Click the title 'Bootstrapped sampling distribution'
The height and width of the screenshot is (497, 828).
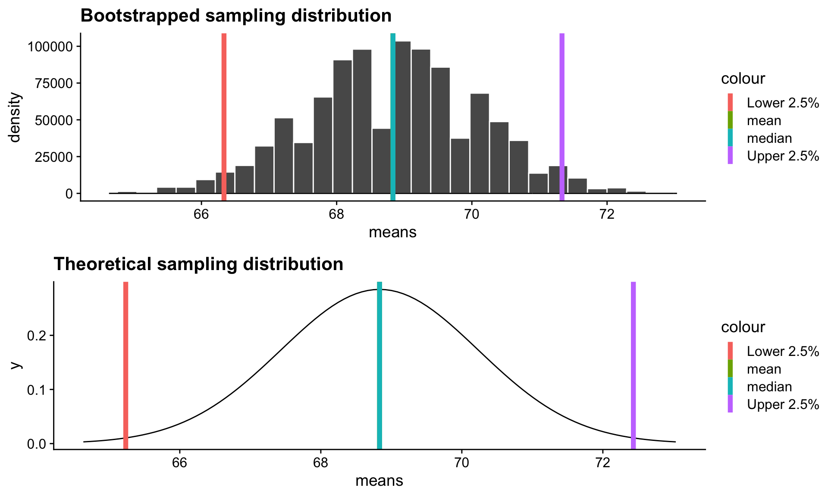click(236, 16)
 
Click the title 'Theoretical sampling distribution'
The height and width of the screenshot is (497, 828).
click(198, 264)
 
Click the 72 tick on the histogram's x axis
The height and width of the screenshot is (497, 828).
click(607, 214)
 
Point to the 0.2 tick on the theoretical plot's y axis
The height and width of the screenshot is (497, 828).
click(37, 336)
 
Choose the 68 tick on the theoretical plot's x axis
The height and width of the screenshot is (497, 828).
click(320, 463)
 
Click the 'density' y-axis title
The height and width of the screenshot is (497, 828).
click(15, 117)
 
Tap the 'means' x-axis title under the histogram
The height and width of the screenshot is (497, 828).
click(392, 233)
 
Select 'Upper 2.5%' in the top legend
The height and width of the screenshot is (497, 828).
click(783, 156)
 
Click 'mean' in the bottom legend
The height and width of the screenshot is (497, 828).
click(764, 369)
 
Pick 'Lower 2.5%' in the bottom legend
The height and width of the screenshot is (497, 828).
click(783, 352)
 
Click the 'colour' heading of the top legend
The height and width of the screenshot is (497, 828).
click(743, 79)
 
